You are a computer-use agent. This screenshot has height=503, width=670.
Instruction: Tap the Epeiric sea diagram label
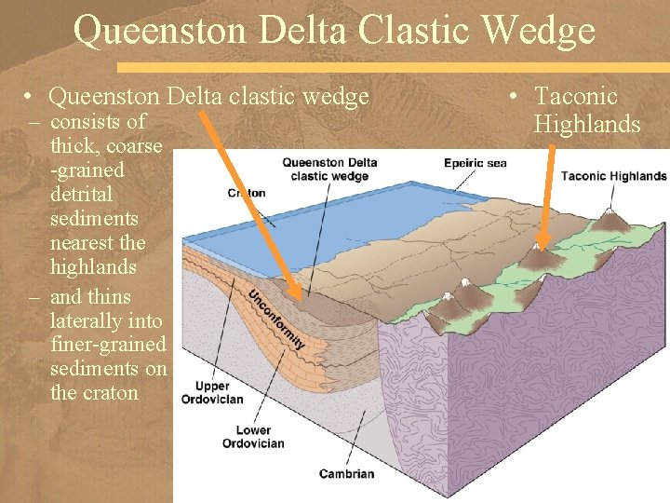(x=476, y=163)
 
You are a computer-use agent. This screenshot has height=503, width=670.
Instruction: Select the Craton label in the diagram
(x=247, y=193)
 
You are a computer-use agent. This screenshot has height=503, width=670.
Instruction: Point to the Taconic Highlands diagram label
(x=613, y=176)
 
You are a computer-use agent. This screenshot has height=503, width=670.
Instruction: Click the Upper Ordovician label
(x=220, y=392)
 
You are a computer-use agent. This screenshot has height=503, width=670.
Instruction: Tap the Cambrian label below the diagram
(x=346, y=473)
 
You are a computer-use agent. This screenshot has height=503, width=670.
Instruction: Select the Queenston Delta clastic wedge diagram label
(x=329, y=170)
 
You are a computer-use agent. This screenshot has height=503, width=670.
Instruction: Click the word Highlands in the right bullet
(x=587, y=124)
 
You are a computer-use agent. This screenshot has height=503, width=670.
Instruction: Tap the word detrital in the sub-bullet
(x=81, y=195)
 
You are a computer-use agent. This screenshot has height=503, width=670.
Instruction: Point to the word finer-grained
(x=108, y=345)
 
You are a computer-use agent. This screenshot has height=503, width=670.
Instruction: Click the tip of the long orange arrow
(x=300, y=298)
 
